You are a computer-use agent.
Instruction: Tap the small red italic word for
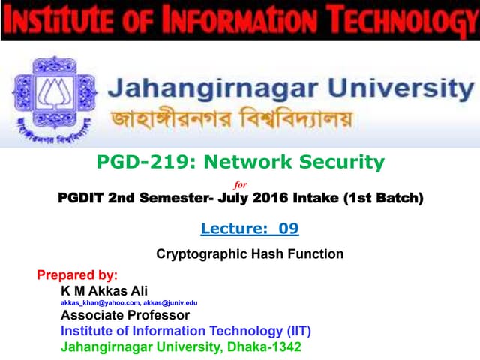click(241, 184)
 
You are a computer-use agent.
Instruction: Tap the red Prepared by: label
click(77, 274)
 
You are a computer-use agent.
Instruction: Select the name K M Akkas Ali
click(106, 289)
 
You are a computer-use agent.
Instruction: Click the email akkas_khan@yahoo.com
click(94, 302)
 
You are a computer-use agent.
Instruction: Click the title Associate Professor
click(125, 315)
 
